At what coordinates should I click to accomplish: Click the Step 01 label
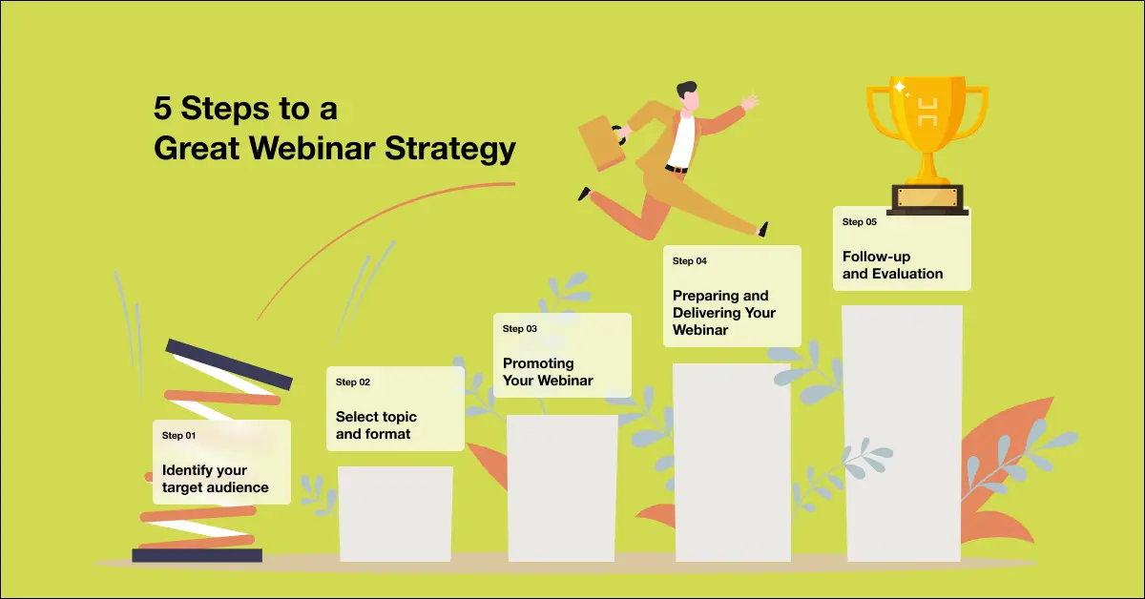(x=178, y=436)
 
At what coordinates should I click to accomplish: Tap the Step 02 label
(x=352, y=382)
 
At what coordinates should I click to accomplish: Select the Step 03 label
(x=520, y=329)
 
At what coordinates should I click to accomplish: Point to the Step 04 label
(x=689, y=261)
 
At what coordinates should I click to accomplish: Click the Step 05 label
(x=859, y=222)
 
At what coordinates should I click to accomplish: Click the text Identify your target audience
(x=215, y=479)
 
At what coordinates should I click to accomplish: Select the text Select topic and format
(x=375, y=425)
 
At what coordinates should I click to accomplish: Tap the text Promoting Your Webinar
(x=547, y=372)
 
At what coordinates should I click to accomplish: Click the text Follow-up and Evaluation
(x=891, y=265)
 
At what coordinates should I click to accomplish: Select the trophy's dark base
(x=926, y=199)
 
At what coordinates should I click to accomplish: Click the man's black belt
(x=677, y=169)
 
